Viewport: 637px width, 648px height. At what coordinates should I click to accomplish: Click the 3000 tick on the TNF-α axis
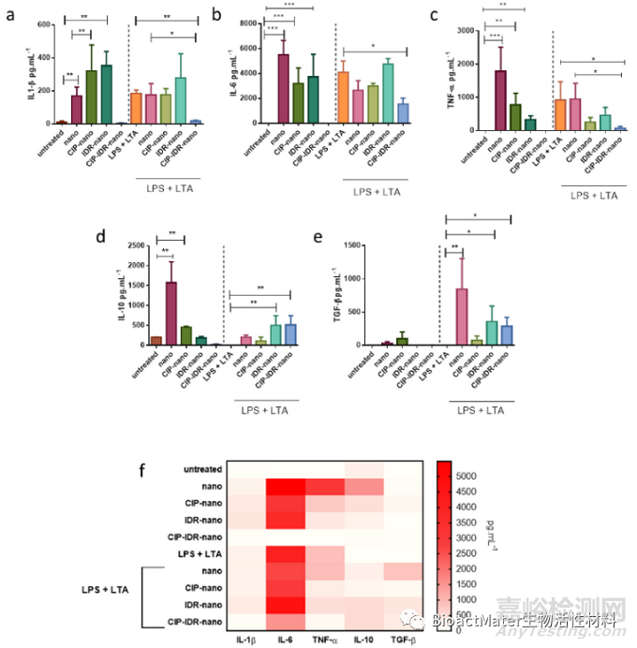pos(475,31)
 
